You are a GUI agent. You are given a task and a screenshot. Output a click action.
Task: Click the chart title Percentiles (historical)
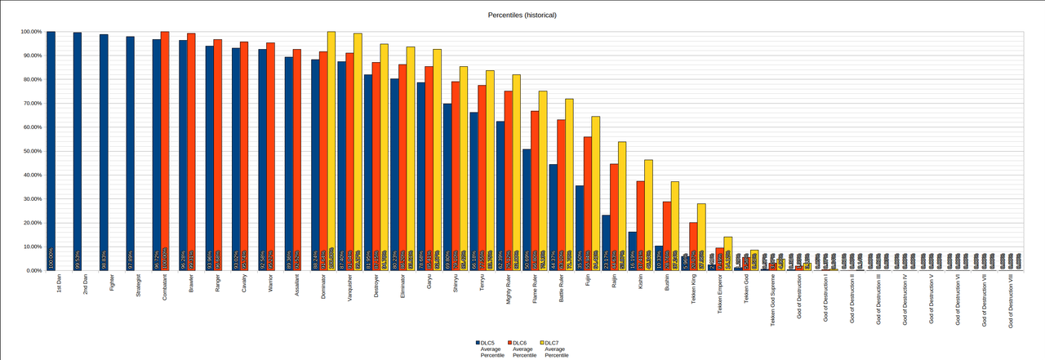[x=522, y=16]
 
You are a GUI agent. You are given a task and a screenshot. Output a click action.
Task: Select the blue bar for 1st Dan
[x=51, y=151]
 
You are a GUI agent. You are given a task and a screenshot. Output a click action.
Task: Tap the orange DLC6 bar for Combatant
[x=165, y=151]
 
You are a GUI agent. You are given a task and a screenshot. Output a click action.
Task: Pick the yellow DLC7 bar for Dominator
[x=331, y=151]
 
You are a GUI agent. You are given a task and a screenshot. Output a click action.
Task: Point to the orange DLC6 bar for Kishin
[x=641, y=225]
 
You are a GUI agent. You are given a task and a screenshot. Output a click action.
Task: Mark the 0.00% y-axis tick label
[x=31, y=270]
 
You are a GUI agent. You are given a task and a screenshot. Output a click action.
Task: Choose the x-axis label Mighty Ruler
[x=508, y=291]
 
